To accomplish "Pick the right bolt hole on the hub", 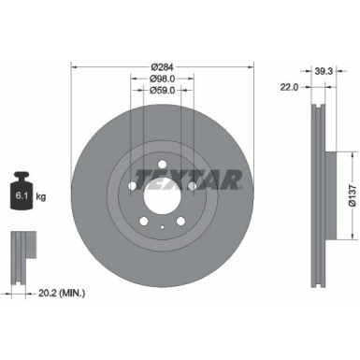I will pyautogui.click(x=192, y=185).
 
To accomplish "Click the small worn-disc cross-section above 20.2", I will pyautogui.click(x=22, y=251).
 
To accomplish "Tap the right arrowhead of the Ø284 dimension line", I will pyautogui.click(x=251, y=67).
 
